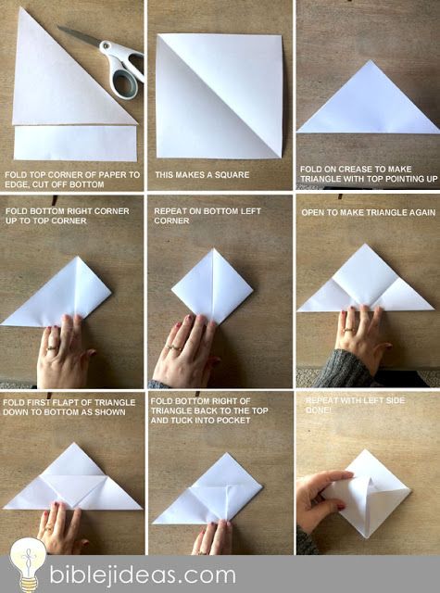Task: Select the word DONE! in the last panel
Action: point(319,410)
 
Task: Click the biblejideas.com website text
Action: point(143,574)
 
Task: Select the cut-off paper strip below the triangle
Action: point(75,143)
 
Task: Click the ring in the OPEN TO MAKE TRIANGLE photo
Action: point(349,329)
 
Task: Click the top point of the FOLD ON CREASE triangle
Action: point(371,60)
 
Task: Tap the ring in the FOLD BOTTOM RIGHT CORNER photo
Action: point(52,347)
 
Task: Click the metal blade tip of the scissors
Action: point(58,27)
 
